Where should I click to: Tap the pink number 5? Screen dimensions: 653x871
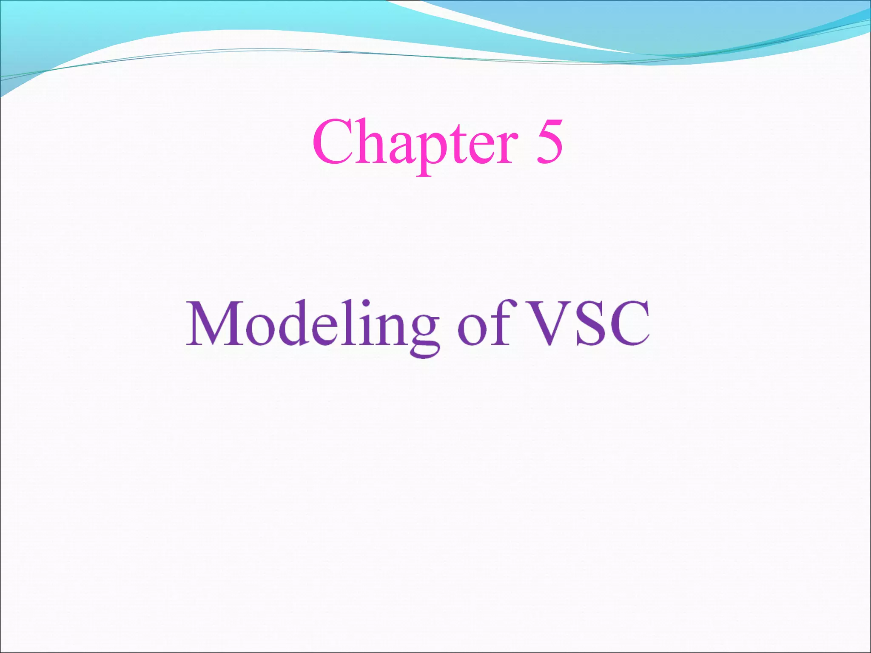click(x=549, y=142)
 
